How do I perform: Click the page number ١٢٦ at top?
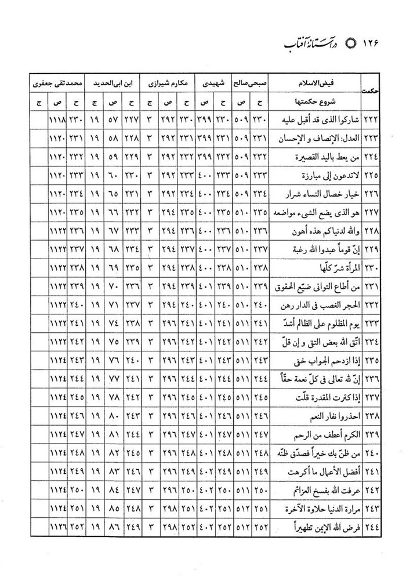click(x=372, y=44)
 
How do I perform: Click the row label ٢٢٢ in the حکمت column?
click(x=369, y=121)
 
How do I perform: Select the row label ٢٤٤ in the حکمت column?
click(x=369, y=529)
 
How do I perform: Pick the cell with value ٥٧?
click(x=113, y=121)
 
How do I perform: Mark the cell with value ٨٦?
click(x=113, y=529)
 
